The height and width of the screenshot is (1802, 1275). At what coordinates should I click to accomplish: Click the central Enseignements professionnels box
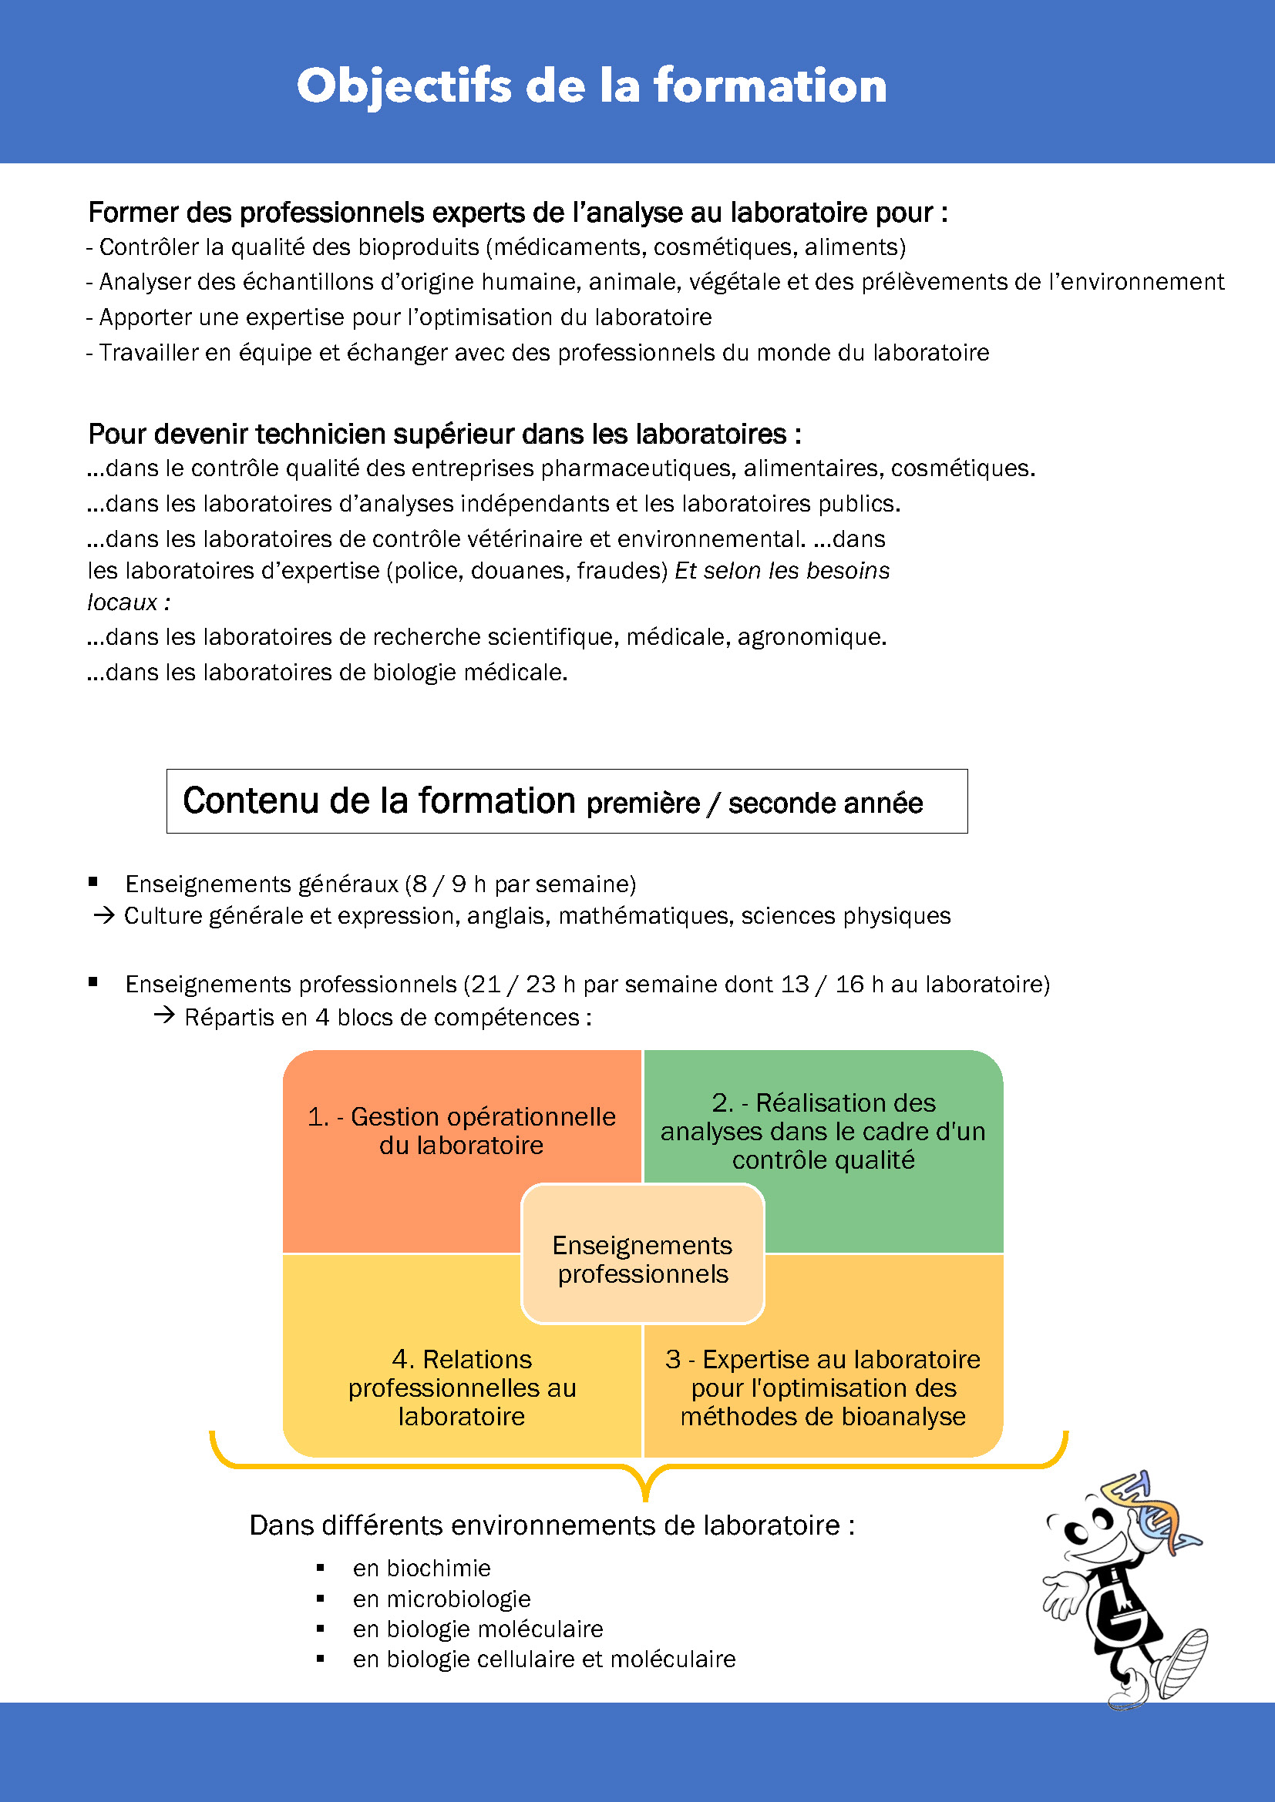click(642, 1259)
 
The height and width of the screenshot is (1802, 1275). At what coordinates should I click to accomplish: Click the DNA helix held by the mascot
click(1154, 1511)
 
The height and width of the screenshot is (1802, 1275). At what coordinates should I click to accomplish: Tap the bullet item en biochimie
click(422, 1568)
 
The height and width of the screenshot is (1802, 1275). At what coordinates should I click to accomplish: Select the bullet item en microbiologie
click(441, 1599)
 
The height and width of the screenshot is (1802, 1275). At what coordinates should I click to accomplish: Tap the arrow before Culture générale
click(103, 915)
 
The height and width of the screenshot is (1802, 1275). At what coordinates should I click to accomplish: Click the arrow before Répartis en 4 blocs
click(163, 1015)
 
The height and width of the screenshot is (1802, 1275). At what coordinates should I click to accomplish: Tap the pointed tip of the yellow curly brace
click(644, 1498)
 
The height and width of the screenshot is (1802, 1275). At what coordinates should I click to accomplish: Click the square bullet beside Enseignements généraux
click(93, 881)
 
